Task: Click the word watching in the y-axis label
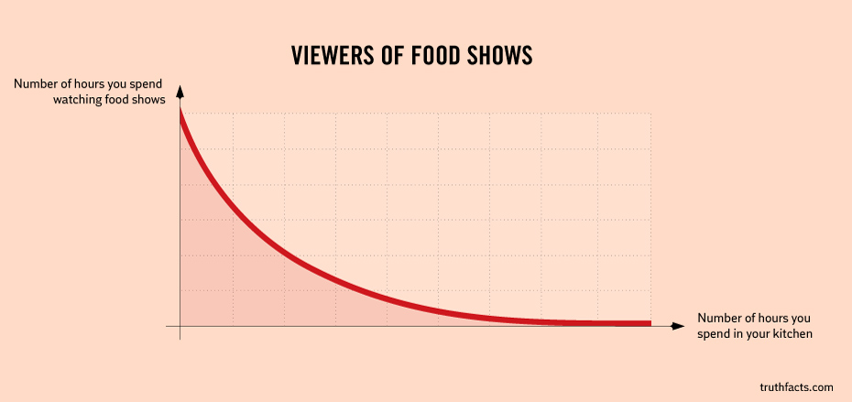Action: (x=80, y=100)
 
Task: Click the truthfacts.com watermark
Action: (x=796, y=387)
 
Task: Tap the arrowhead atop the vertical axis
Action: (x=180, y=92)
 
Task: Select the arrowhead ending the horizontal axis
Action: (x=678, y=325)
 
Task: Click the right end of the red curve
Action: (x=649, y=323)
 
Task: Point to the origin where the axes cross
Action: (x=180, y=325)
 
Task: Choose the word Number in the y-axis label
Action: (x=35, y=84)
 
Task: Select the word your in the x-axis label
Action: (x=757, y=334)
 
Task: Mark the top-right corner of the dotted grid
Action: (x=650, y=114)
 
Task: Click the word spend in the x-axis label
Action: (x=713, y=334)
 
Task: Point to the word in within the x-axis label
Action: (x=736, y=334)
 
